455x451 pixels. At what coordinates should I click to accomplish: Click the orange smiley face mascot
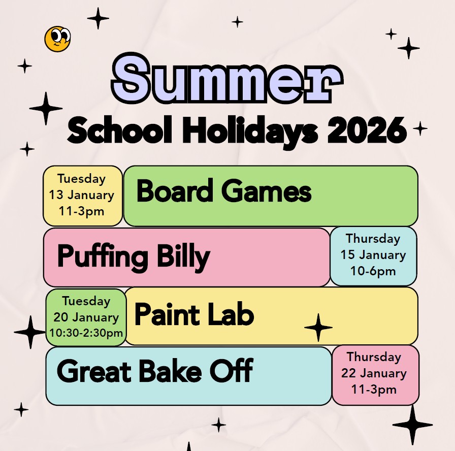pos(57,39)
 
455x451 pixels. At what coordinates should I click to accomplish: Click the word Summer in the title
pos(227,79)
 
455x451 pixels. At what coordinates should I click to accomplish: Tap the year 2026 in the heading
pos(367,131)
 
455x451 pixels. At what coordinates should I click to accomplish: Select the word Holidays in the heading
pos(250,130)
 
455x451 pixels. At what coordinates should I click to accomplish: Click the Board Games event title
pos(224,190)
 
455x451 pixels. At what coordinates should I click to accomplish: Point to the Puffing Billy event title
pos(134,256)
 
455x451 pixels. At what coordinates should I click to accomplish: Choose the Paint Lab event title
pos(194,314)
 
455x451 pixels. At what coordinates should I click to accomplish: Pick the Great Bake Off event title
pos(155,371)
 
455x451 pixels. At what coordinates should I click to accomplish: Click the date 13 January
pos(81,195)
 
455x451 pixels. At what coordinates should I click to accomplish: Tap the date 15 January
pos(373,255)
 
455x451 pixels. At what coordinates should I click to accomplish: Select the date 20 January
pos(86,317)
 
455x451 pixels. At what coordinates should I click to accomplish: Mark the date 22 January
pos(374,373)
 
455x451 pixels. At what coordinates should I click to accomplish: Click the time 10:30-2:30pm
pos(86,333)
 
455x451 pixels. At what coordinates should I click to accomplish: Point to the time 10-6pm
pos(373,271)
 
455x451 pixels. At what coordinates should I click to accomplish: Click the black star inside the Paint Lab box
pos(318,328)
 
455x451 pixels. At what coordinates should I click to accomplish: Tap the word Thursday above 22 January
pos(374,357)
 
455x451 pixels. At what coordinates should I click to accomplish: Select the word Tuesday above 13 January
pos(81,179)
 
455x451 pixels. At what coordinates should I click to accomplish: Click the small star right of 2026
pos(420,128)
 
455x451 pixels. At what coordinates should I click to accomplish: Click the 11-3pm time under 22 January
pos(374,390)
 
